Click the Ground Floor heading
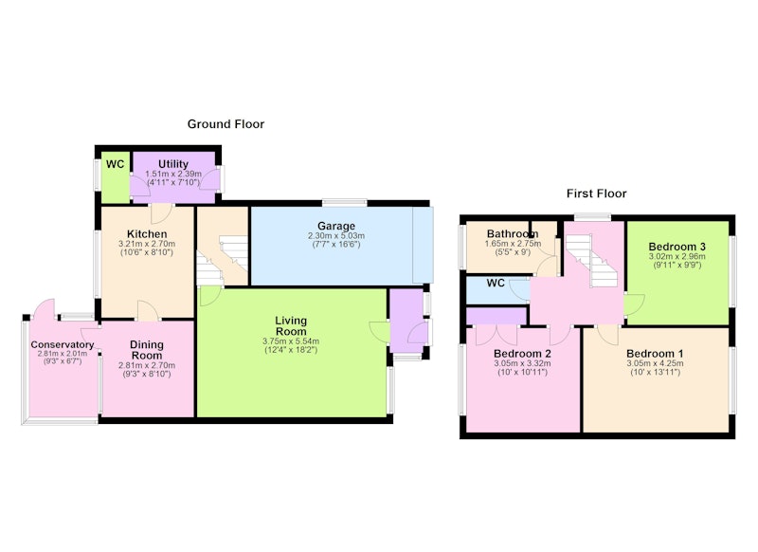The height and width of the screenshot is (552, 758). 226,124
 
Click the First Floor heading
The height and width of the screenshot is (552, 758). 597,193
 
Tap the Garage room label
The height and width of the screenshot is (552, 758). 336,226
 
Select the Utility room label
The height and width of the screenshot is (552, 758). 173,164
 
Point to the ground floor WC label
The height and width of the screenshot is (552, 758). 115,164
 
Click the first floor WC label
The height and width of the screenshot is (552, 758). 496,283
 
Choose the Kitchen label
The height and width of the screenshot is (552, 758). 147,234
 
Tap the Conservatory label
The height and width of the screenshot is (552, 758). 63,344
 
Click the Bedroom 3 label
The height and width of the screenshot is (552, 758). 677,247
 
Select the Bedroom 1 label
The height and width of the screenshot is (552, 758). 655,354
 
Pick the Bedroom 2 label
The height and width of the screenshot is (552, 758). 522,354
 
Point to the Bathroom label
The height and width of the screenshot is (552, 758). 513,234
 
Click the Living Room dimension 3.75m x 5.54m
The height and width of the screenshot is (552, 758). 291,341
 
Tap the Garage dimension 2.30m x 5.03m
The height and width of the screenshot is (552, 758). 336,236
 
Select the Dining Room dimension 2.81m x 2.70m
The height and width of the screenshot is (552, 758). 147,365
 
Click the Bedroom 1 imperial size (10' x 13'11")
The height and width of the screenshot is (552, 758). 655,372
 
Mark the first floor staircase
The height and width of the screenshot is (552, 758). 591,261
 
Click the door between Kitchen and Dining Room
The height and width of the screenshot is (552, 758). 148,310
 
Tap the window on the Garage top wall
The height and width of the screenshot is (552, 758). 345,202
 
